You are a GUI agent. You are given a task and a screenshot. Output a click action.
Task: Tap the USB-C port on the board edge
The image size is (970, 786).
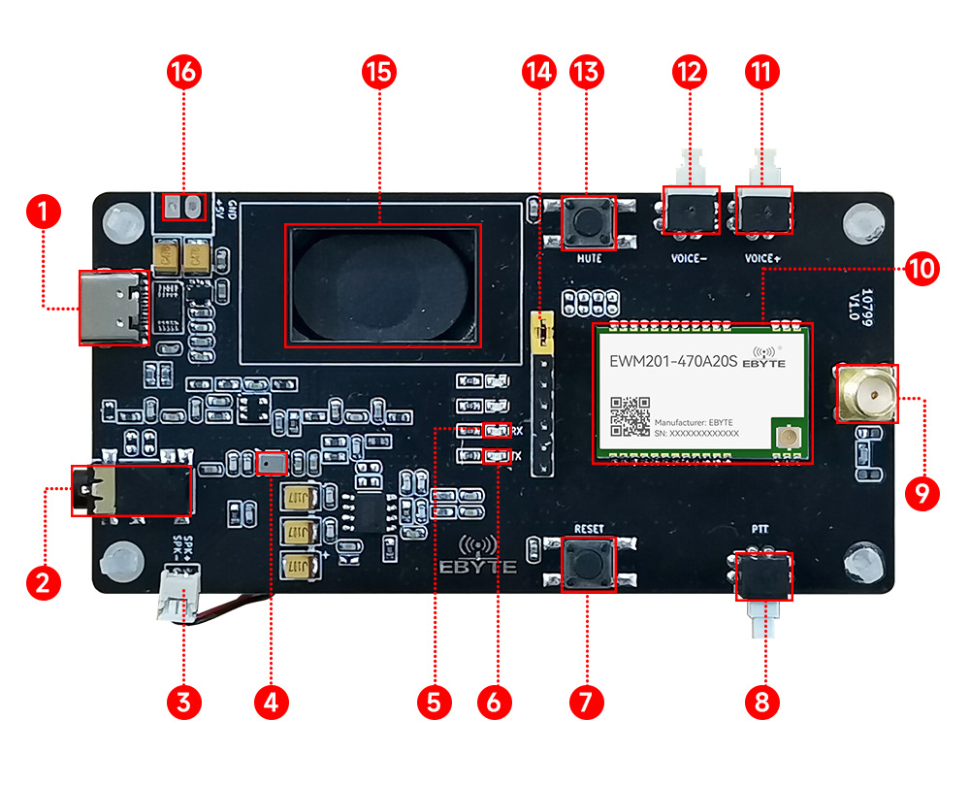tap(114, 308)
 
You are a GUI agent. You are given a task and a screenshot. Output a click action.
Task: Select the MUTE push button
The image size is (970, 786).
tap(589, 221)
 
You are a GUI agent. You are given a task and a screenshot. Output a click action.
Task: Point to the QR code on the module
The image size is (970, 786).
tap(630, 416)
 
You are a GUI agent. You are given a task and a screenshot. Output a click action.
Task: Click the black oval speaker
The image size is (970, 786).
tap(382, 285)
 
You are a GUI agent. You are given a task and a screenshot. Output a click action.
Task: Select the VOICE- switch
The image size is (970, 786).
tap(691, 210)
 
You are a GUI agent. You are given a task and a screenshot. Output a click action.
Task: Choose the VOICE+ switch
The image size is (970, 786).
tap(764, 210)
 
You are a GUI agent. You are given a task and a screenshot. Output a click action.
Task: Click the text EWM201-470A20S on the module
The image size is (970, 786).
tap(673, 362)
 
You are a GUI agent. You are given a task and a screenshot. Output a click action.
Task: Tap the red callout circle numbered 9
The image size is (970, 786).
tap(922, 493)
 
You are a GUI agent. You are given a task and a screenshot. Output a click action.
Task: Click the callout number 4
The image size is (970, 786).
tap(270, 701)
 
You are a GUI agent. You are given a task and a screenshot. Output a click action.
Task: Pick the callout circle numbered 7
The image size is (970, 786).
tap(586, 701)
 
